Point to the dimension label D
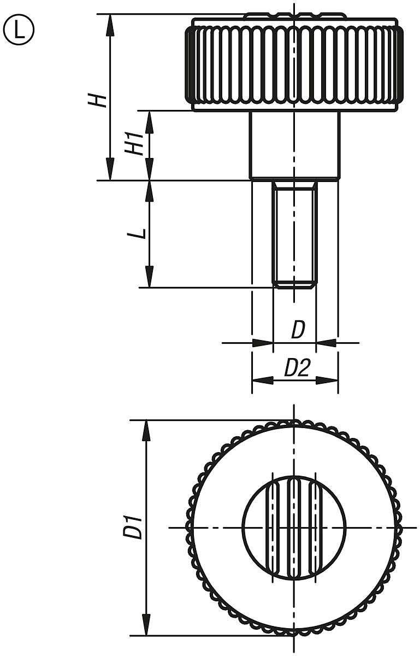pos(297,330)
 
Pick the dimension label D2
pos(297,369)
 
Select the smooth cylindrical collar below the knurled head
pos(294,145)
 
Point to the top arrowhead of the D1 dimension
pos(146,430)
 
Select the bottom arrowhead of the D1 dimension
pos(146,625)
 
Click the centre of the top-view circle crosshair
pos(294,528)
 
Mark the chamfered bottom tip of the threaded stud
pos(294,284)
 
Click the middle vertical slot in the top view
pos(294,528)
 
